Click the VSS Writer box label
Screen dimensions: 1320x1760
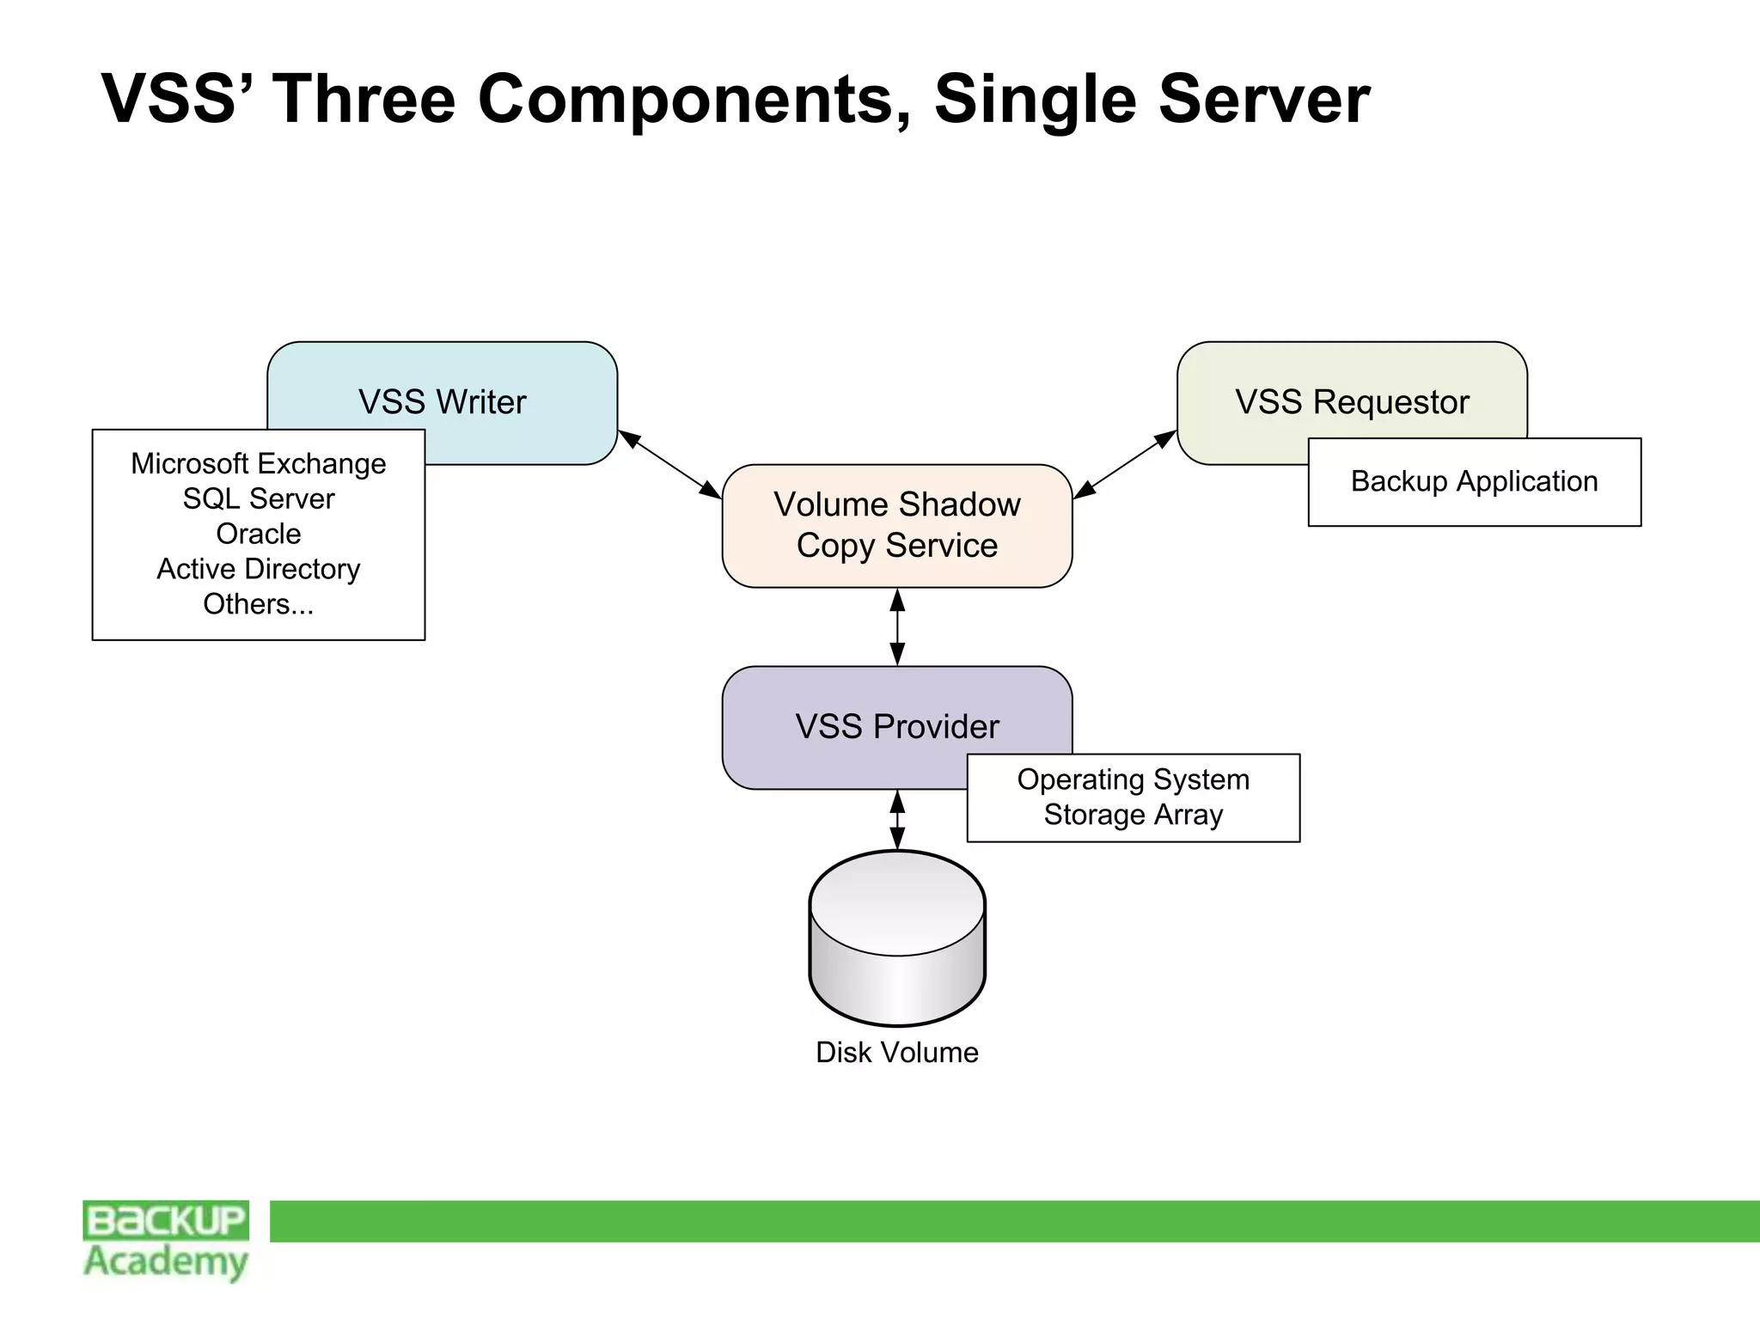tap(442, 402)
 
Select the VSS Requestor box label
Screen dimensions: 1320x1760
tap(1352, 402)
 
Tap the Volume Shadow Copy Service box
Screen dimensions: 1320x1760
tap(896, 525)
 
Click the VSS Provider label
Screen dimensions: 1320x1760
tap(896, 727)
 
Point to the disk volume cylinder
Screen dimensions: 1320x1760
tap(896, 938)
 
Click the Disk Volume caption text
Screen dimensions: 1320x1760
tap(896, 1053)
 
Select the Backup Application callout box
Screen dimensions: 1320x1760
tap(1474, 482)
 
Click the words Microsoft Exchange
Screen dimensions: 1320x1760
tap(258, 464)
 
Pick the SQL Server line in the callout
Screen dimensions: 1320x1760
tap(258, 499)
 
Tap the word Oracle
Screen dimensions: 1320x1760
tap(258, 535)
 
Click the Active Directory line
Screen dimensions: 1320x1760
tap(258, 570)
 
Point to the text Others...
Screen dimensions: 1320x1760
tap(258, 605)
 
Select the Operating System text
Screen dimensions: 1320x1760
tap(1133, 779)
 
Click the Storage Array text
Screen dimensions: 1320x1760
tap(1133, 815)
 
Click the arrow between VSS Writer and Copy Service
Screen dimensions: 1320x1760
tap(670, 464)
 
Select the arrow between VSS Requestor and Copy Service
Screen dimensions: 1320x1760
tap(1124, 464)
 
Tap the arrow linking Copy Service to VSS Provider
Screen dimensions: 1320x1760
tap(897, 627)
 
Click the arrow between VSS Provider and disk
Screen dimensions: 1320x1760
tap(897, 820)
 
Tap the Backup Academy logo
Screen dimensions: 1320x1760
tap(166, 1240)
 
